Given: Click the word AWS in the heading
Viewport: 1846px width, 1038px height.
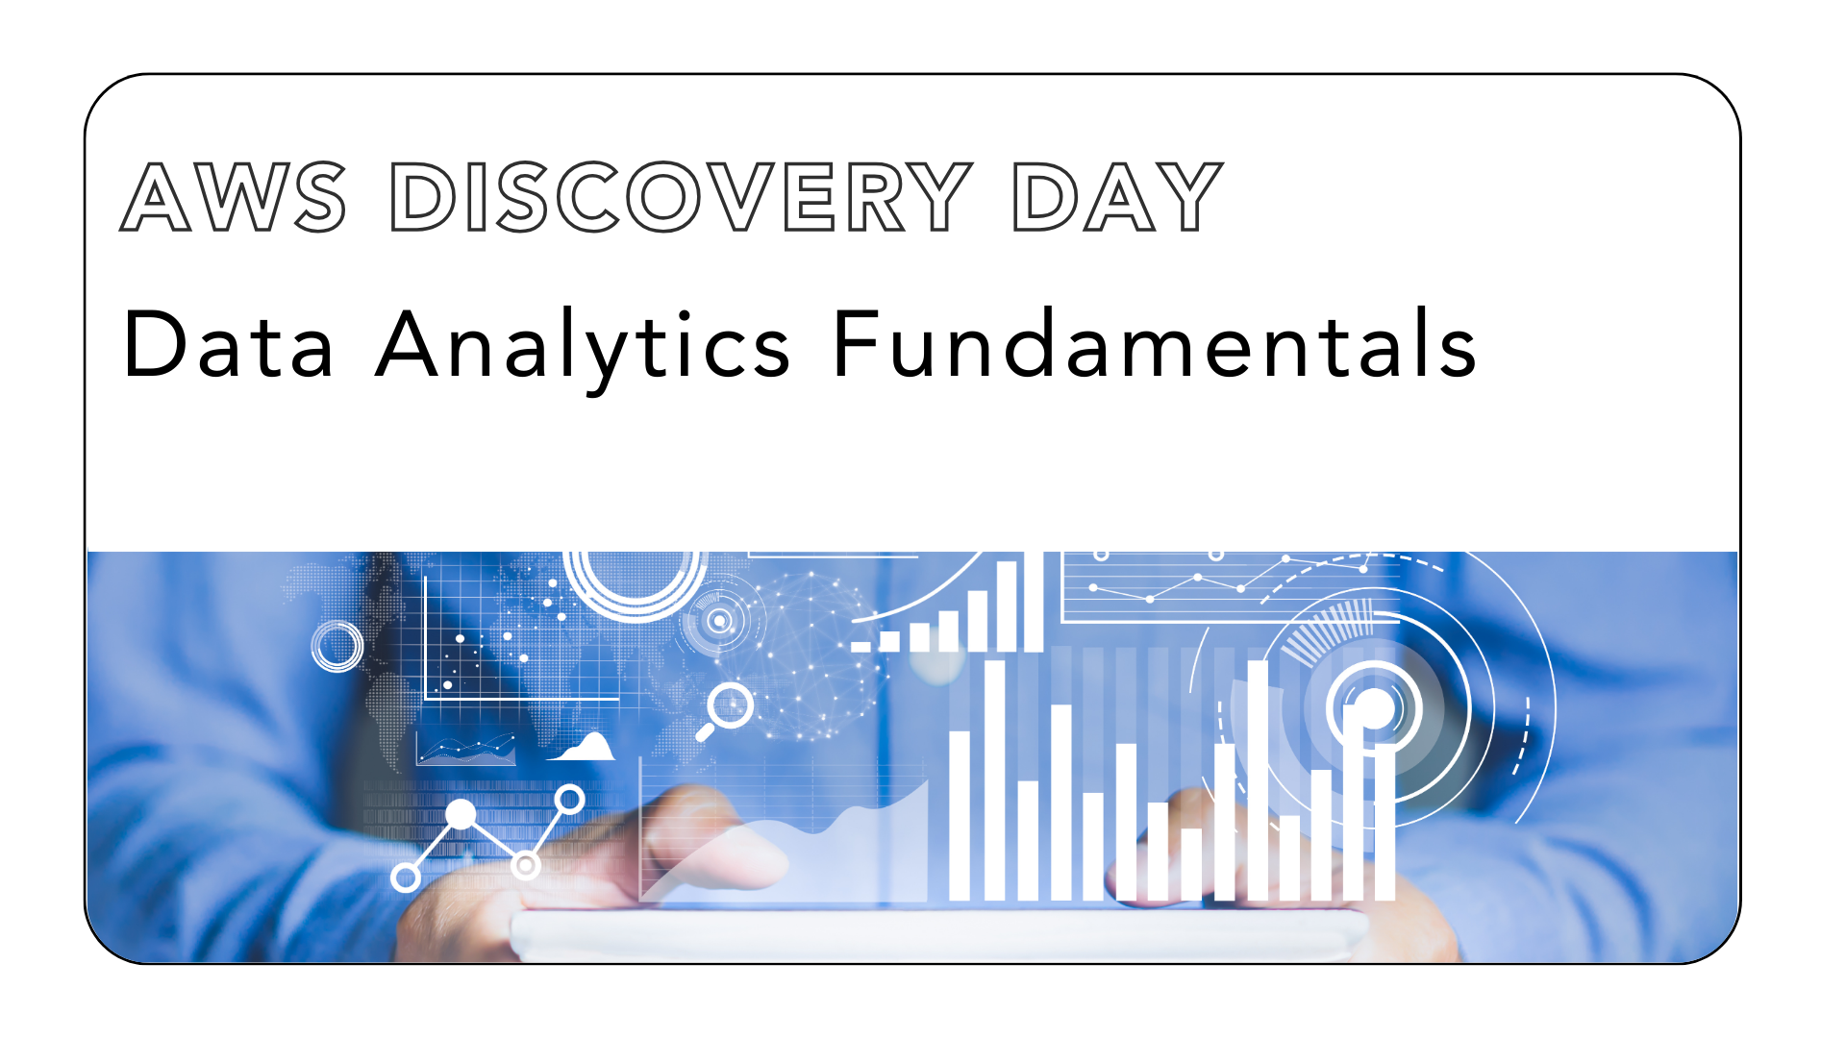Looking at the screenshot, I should coord(233,197).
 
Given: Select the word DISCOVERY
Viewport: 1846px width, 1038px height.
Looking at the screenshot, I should coord(681,197).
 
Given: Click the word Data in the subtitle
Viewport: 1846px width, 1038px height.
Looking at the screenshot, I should coord(229,344).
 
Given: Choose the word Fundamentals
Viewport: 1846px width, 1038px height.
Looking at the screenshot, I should coord(1154,344).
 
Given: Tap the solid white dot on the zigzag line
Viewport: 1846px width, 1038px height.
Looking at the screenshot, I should coord(461,815).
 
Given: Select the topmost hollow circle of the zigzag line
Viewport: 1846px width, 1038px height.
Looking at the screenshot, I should coord(570,799).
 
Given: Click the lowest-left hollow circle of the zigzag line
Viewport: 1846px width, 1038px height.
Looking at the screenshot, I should coord(406,877).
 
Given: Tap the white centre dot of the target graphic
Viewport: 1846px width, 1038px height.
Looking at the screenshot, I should coord(1375,709).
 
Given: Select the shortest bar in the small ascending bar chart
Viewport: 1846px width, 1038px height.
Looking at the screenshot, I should coord(861,646).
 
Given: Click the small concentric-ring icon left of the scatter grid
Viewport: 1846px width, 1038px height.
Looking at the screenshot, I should coord(337,646).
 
